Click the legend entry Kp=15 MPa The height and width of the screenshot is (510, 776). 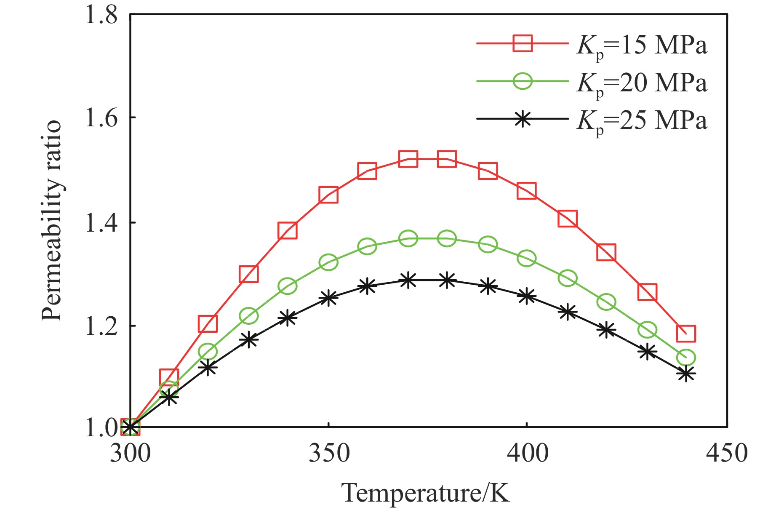641,45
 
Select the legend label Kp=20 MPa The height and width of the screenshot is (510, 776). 641,83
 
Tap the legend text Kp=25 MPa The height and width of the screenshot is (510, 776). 641,121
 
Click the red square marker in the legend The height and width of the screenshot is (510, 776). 523,43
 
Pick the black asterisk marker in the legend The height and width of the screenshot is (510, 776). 523,119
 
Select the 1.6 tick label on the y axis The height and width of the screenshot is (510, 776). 101,118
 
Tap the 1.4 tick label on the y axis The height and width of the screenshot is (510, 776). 101,223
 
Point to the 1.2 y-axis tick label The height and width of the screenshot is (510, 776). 101,326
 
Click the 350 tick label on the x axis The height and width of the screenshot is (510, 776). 329,454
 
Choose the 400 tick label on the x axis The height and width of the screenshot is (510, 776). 527,454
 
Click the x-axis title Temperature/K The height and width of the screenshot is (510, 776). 425,493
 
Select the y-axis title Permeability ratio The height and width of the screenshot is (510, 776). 52,221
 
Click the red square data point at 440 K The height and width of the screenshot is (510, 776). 685,333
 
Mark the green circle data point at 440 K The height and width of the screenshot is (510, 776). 685,358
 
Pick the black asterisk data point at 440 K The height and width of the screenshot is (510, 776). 685,374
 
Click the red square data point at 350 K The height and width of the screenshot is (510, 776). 328,195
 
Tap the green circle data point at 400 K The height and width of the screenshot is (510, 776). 527,258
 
